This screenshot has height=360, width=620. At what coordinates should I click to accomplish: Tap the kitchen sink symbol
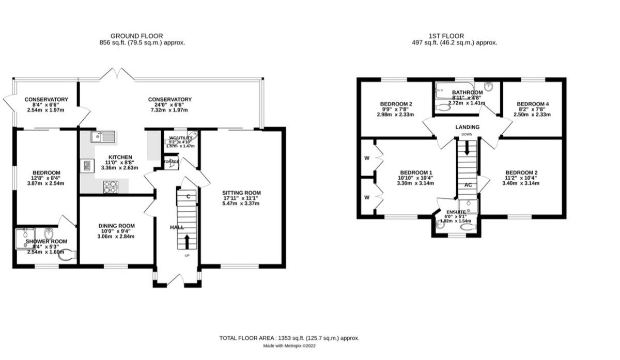103,136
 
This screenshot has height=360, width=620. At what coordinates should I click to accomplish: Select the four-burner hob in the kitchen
111,186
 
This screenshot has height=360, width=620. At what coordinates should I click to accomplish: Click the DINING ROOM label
116,226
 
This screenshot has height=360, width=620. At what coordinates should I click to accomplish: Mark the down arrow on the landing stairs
467,149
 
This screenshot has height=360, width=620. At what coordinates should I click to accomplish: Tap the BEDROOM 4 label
533,104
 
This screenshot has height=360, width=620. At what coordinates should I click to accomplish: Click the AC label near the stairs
468,184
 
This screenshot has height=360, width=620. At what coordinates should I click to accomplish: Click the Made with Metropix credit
289,346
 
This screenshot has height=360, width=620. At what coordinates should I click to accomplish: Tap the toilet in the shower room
69,254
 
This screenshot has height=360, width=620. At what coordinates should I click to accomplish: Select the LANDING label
467,127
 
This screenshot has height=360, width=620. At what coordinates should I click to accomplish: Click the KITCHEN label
120,157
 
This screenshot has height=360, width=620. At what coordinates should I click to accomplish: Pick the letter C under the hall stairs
188,196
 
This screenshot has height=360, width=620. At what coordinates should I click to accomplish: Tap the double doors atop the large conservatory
117,74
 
